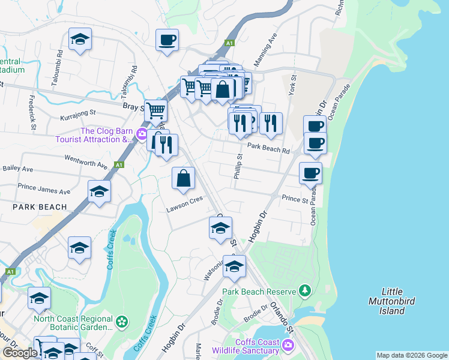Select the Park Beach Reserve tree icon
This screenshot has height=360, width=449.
[306, 292]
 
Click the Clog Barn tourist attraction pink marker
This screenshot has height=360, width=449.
[142, 133]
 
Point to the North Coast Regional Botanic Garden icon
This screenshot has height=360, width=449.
[122, 322]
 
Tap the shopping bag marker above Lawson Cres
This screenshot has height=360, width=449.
[183, 178]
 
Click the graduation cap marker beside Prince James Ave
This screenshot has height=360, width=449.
[100, 191]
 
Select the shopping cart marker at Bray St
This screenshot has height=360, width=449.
[155, 110]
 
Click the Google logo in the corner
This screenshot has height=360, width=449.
[20, 353]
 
